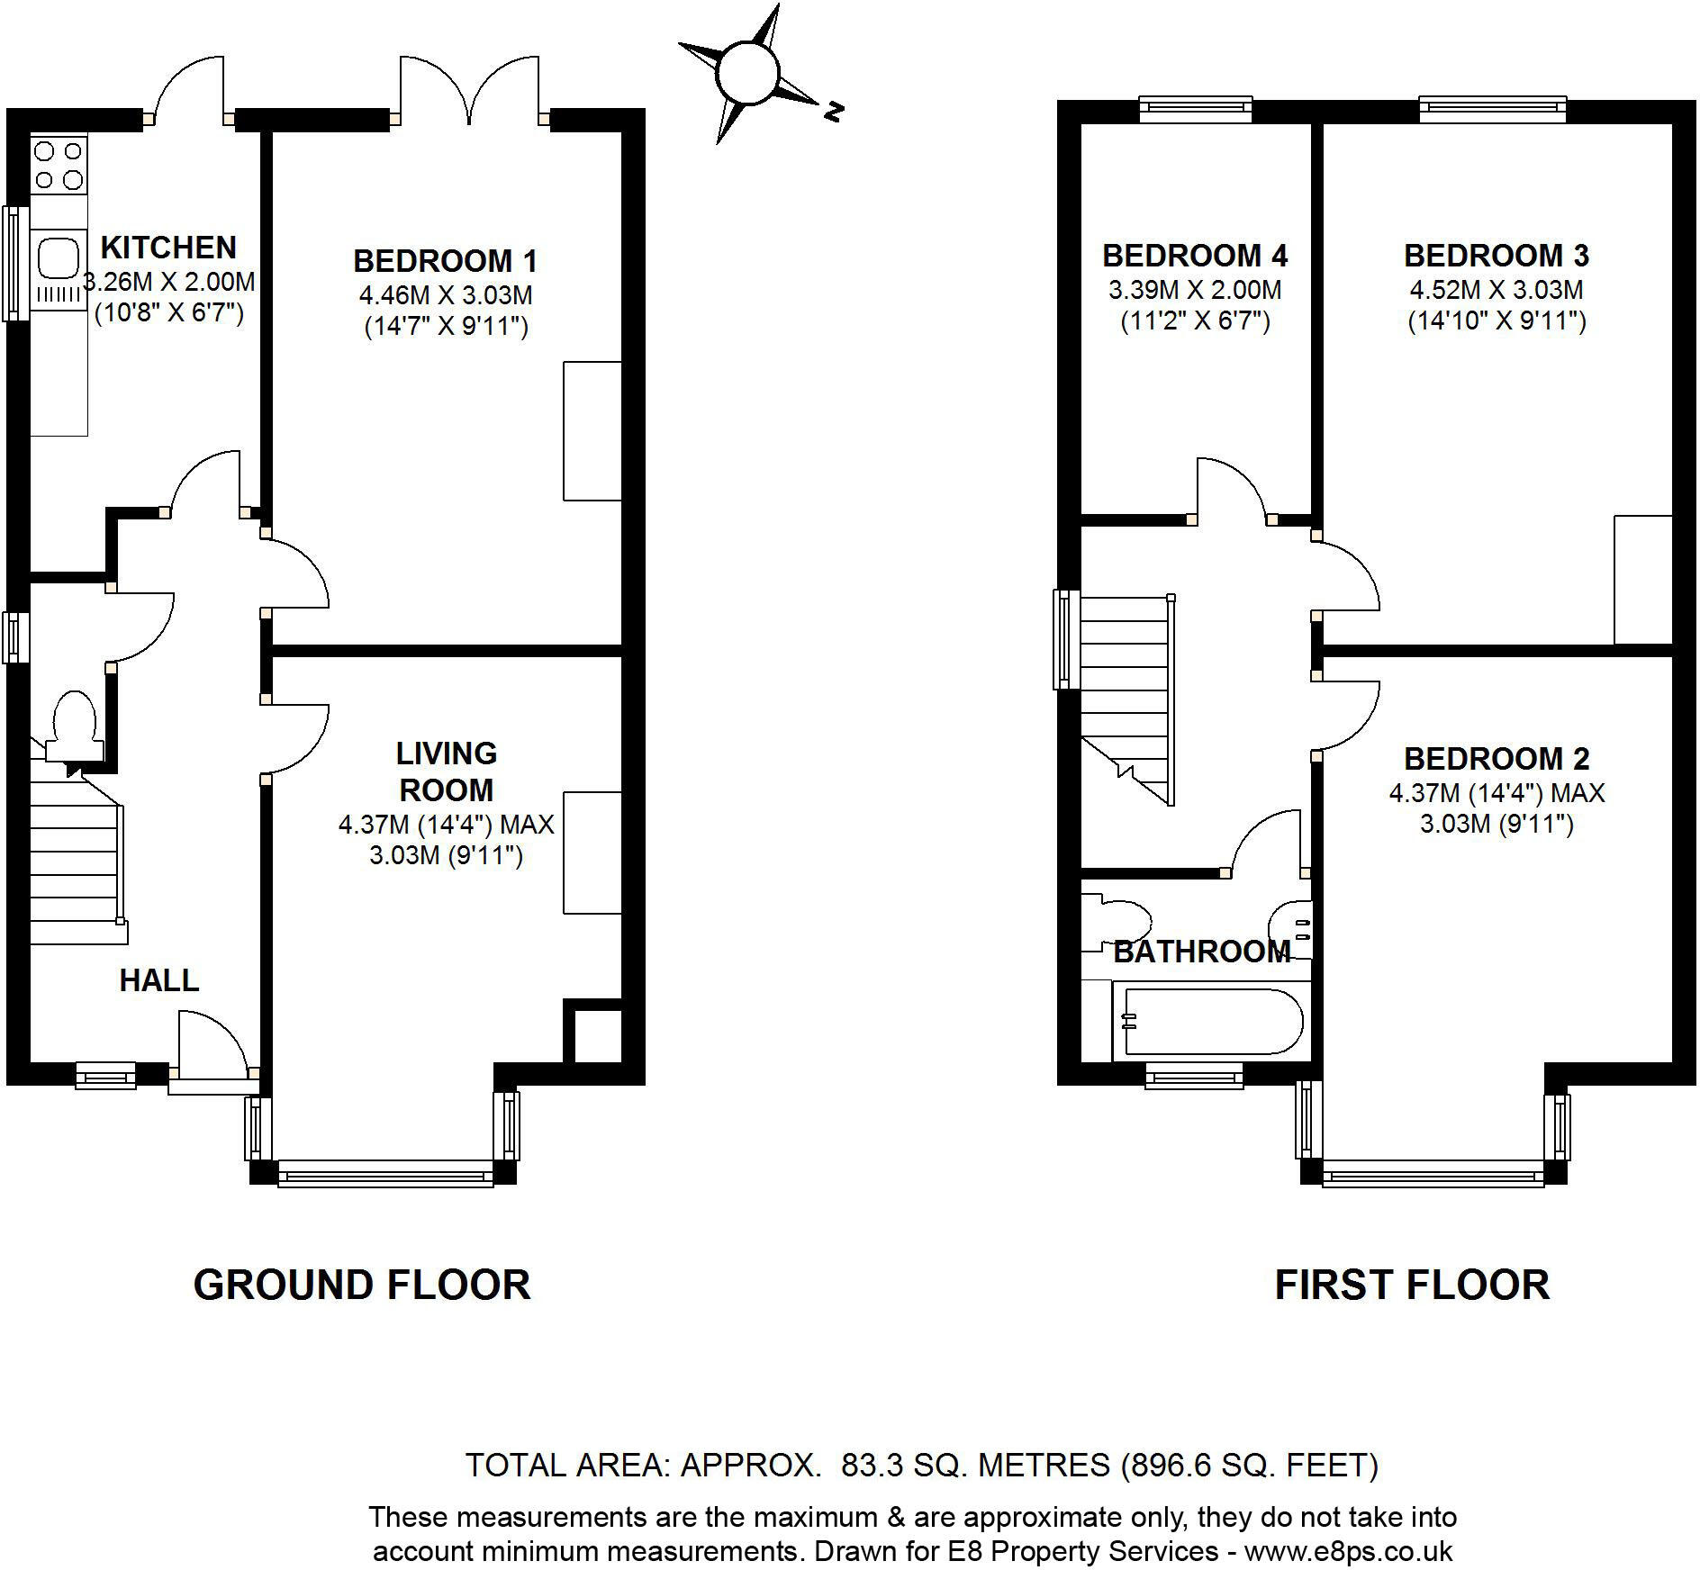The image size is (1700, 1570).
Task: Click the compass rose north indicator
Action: tap(833, 112)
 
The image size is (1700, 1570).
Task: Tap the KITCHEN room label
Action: tap(168, 247)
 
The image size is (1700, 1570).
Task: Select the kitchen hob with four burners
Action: tap(59, 165)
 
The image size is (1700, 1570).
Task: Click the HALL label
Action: tap(159, 980)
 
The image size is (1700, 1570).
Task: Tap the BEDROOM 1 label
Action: tap(445, 261)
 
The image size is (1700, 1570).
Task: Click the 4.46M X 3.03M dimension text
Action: tap(445, 294)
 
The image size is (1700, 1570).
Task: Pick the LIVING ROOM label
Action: tap(446, 771)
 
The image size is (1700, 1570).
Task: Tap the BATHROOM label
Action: tap(1202, 952)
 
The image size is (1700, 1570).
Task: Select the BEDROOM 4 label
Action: tap(1195, 256)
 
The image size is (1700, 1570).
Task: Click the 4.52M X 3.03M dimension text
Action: tap(1496, 290)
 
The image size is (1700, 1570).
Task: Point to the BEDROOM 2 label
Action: tap(1497, 759)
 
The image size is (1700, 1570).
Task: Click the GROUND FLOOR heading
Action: tap(362, 1285)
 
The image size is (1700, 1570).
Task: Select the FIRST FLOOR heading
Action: tap(1412, 1285)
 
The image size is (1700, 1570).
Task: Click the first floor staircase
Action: tap(1126, 693)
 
